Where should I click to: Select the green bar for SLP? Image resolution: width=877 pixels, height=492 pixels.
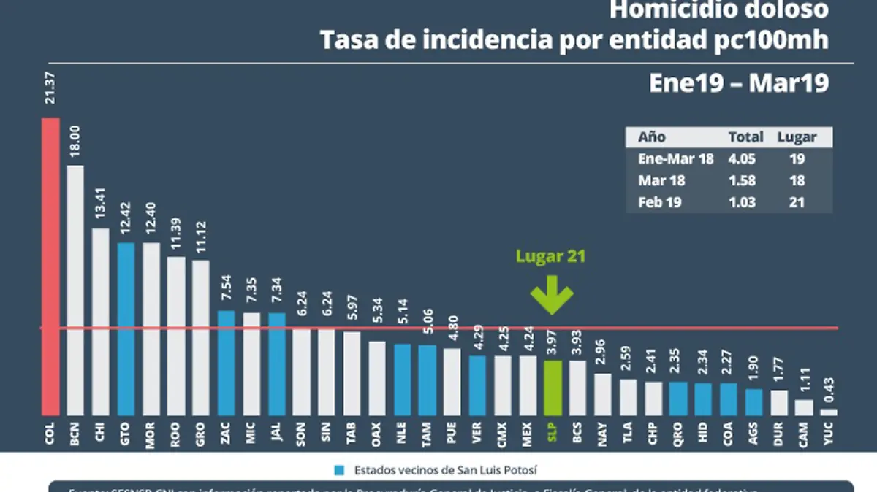(x=553, y=388)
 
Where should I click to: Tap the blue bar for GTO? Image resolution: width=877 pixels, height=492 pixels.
(x=126, y=328)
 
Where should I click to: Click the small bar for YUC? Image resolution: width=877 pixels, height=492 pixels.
(x=829, y=412)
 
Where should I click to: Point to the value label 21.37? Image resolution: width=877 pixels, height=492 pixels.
(x=50, y=88)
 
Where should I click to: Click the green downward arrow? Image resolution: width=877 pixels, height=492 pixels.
(x=552, y=295)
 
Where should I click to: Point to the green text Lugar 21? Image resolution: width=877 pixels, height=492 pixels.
(x=551, y=256)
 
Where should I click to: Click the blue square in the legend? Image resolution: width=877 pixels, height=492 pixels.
(x=340, y=469)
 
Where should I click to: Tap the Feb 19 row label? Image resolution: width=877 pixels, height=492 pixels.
(x=660, y=201)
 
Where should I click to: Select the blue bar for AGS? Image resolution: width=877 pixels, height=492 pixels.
(x=753, y=401)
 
